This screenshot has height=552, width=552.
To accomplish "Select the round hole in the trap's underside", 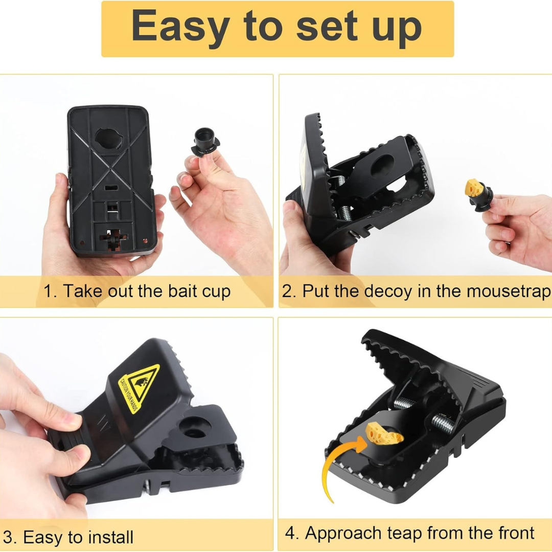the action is click(x=109, y=139).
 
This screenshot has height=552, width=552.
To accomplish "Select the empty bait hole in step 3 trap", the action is click(x=192, y=427).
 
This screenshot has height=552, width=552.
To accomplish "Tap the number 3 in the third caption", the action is click(x=9, y=537).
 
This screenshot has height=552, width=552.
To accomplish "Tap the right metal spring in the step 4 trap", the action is click(x=443, y=424).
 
